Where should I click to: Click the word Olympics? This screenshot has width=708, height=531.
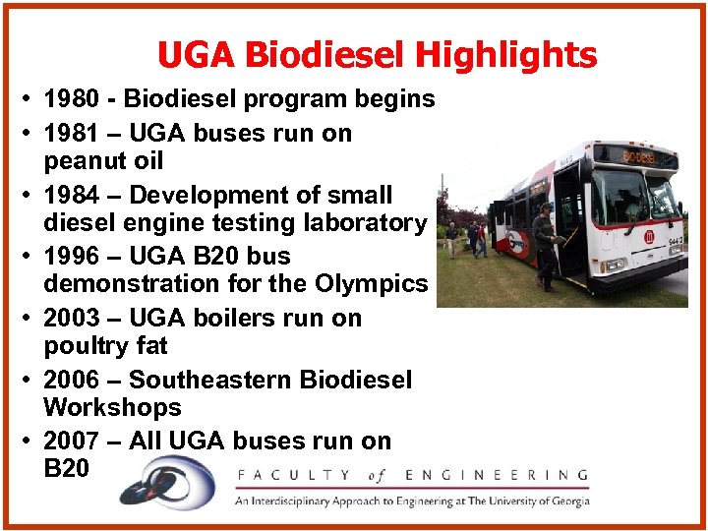tap(372, 284)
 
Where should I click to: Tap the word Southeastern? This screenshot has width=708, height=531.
tap(270, 380)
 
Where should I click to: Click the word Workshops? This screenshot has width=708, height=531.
tap(112, 407)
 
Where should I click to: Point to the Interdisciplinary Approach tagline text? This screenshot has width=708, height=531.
tap(411, 501)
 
